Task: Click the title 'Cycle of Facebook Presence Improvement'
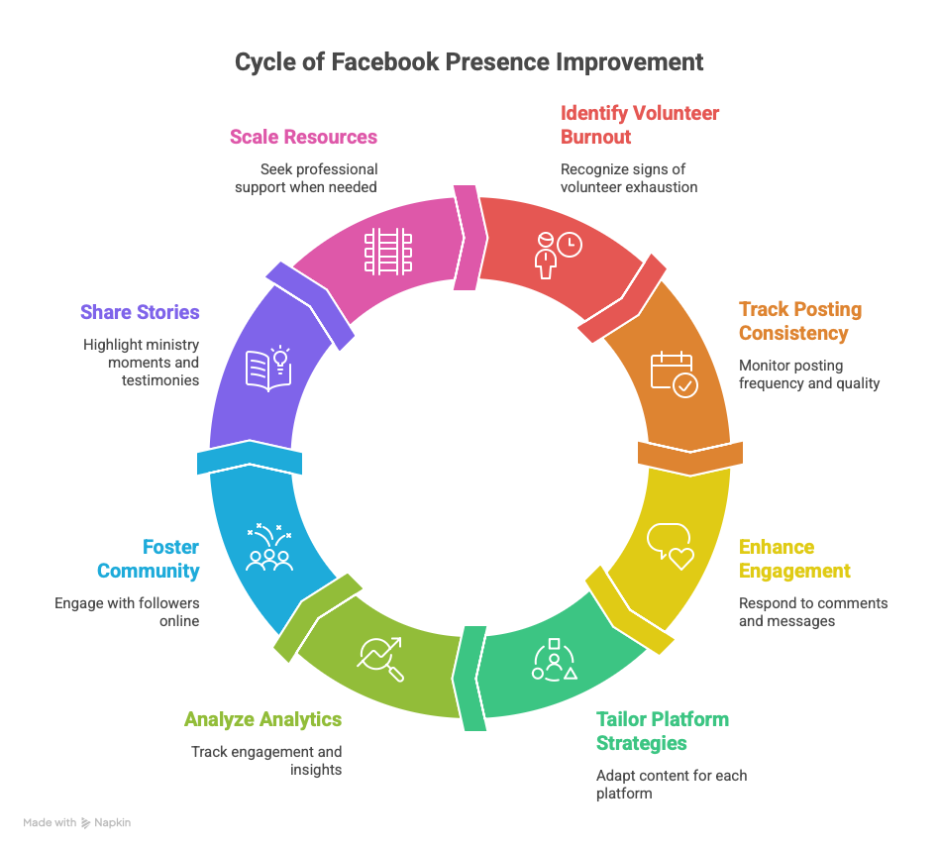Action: tap(469, 61)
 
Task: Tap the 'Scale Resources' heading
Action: tap(303, 136)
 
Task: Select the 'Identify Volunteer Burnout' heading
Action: tap(640, 124)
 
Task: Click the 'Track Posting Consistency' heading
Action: tap(800, 321)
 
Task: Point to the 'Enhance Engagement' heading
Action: tap(794, 559)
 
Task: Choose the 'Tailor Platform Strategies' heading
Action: tap(662, 730)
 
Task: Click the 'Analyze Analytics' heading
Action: tap(262, 719)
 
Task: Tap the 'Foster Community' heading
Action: tap(148, 559)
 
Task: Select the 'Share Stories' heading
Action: tap(140, 312)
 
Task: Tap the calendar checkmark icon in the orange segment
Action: tap(674, 374)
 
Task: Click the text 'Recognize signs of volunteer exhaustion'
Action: tap(628, 178)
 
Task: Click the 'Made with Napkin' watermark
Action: tap(77, 822)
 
